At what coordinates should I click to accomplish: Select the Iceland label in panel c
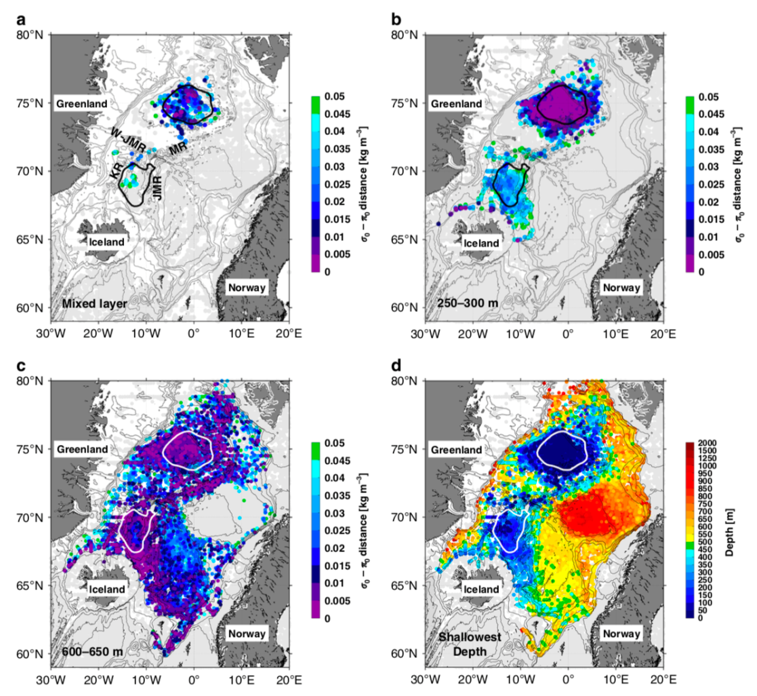[106, 589]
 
